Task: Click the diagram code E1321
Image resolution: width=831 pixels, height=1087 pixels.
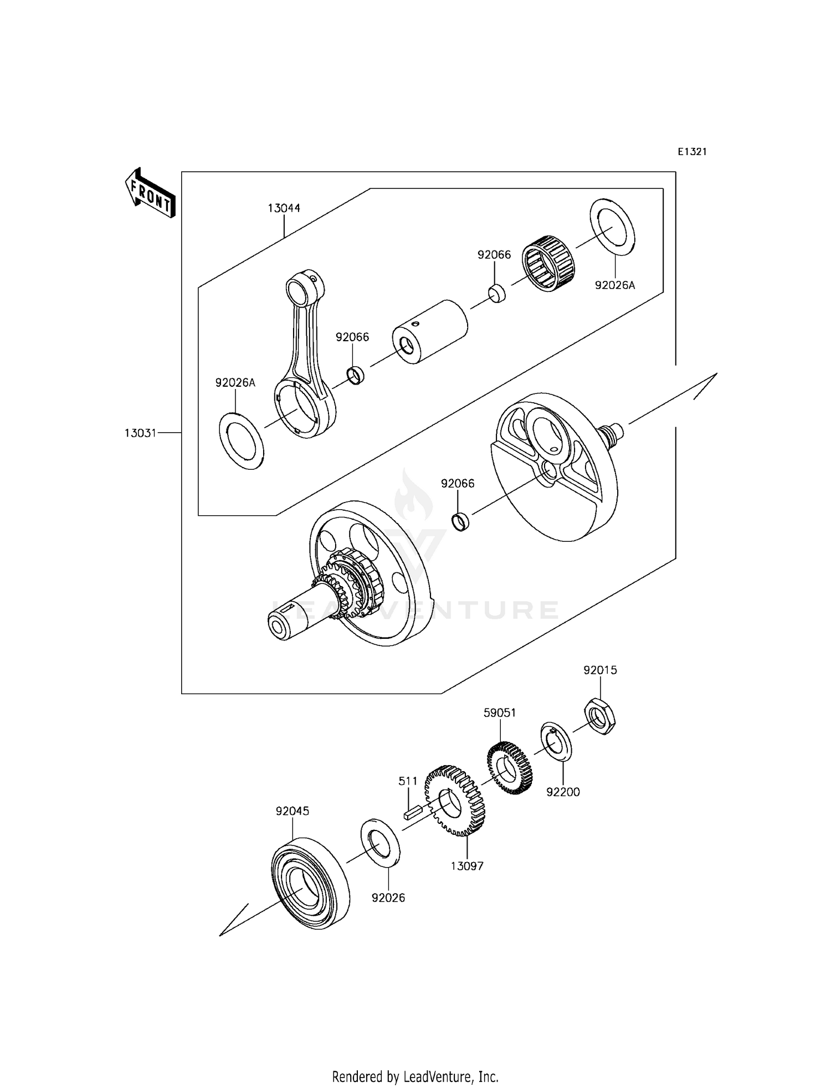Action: point(692,152)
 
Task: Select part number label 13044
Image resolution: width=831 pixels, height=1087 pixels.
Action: point(284,208)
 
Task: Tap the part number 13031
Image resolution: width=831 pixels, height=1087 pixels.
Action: point(140,433)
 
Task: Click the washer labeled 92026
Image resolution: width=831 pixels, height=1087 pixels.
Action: point(381,842)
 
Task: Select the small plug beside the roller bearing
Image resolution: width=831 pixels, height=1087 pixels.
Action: point(497,293)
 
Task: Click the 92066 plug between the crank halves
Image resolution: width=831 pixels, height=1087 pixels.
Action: point(460,521)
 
